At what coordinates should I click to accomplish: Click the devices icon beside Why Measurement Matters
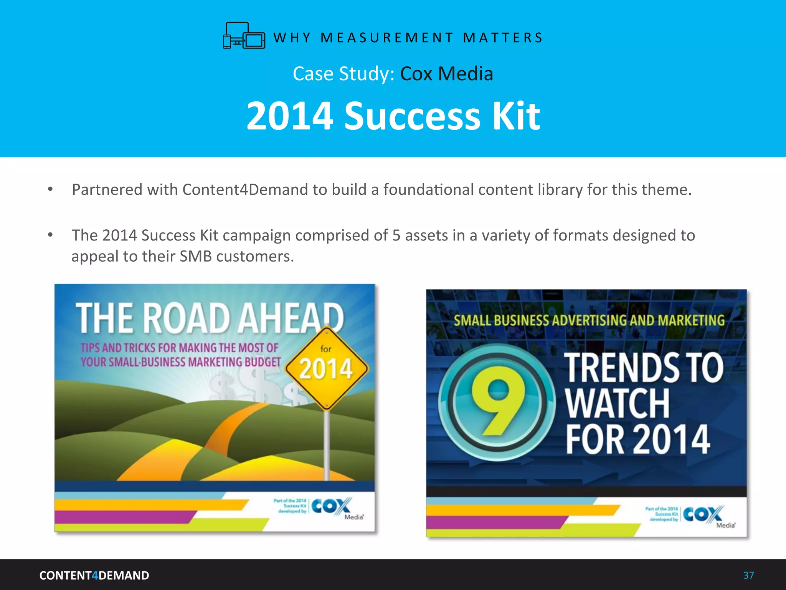pos(244,36)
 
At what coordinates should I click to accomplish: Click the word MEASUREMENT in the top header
pos(387,38)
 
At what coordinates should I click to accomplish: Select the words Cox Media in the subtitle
pos(446,73)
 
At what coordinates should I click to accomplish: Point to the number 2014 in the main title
pos(290,116)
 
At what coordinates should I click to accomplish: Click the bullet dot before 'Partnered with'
pos(50,189)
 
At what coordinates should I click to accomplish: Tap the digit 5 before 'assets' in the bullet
pos(396,235)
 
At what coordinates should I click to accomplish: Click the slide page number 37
pos(748,575)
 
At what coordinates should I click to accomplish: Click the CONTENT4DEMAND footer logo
pos(94,575)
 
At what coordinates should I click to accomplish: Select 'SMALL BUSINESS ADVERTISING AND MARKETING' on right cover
pos(589,320)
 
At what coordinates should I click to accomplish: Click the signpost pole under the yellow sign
pos(327,446)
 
